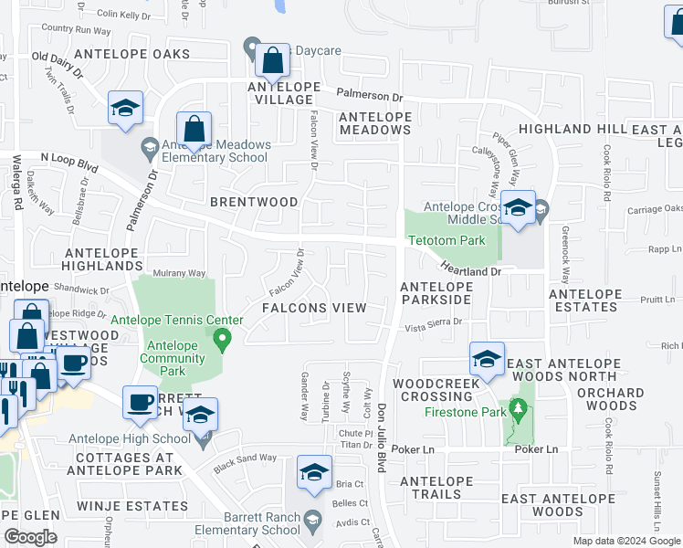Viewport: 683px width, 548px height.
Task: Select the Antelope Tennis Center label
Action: pyautogui.click(x=176, y=320)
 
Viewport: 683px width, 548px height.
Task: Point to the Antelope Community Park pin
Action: pyautogui.click(x=221, y=342)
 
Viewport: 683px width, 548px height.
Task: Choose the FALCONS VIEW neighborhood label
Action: pyautogui.click(x=314, y=308)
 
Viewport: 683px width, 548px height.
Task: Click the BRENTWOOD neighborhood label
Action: pyautogui.click(x=254, y=201)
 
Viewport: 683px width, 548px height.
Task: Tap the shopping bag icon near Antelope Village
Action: pyautogui.click(x=272, y=62)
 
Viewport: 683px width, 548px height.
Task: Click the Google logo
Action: pyautogui.click(x=30, y=537)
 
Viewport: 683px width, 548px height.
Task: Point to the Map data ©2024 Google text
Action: pyautogui.click(x=625, y=541)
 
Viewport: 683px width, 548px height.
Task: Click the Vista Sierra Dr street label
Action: pyautogui.click(x=434, y=322)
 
